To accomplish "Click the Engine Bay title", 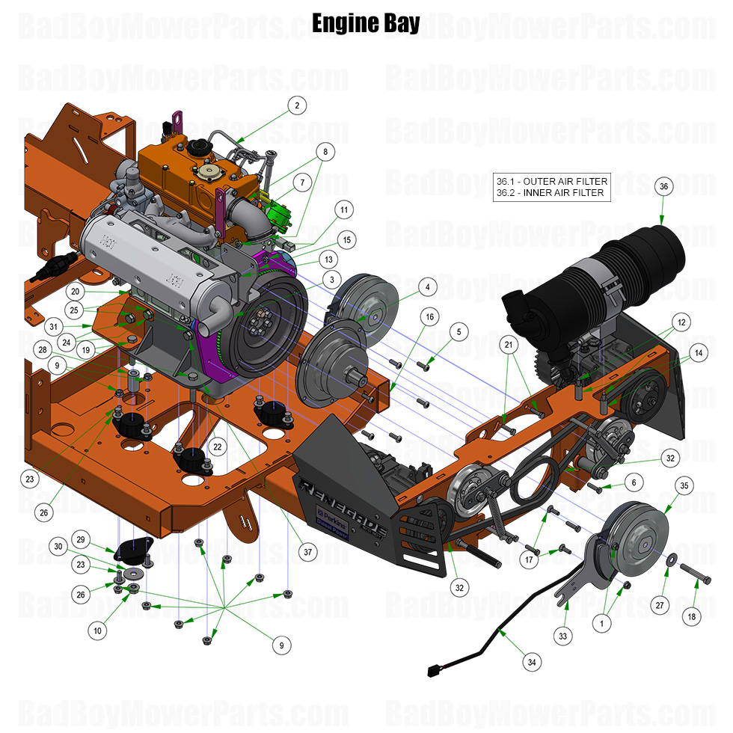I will coord(366,22).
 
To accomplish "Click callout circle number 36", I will coord(663,186).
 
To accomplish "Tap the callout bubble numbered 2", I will coord(297,105).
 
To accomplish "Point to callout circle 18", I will coord(691,617).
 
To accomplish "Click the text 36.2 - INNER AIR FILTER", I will coord(550,193).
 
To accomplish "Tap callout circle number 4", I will coord(426,286).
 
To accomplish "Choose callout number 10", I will coord(97,631).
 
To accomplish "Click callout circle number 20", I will coord(75,291).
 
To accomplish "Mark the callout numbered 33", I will coord(563,636).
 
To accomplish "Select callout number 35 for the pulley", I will coord(684,485).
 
